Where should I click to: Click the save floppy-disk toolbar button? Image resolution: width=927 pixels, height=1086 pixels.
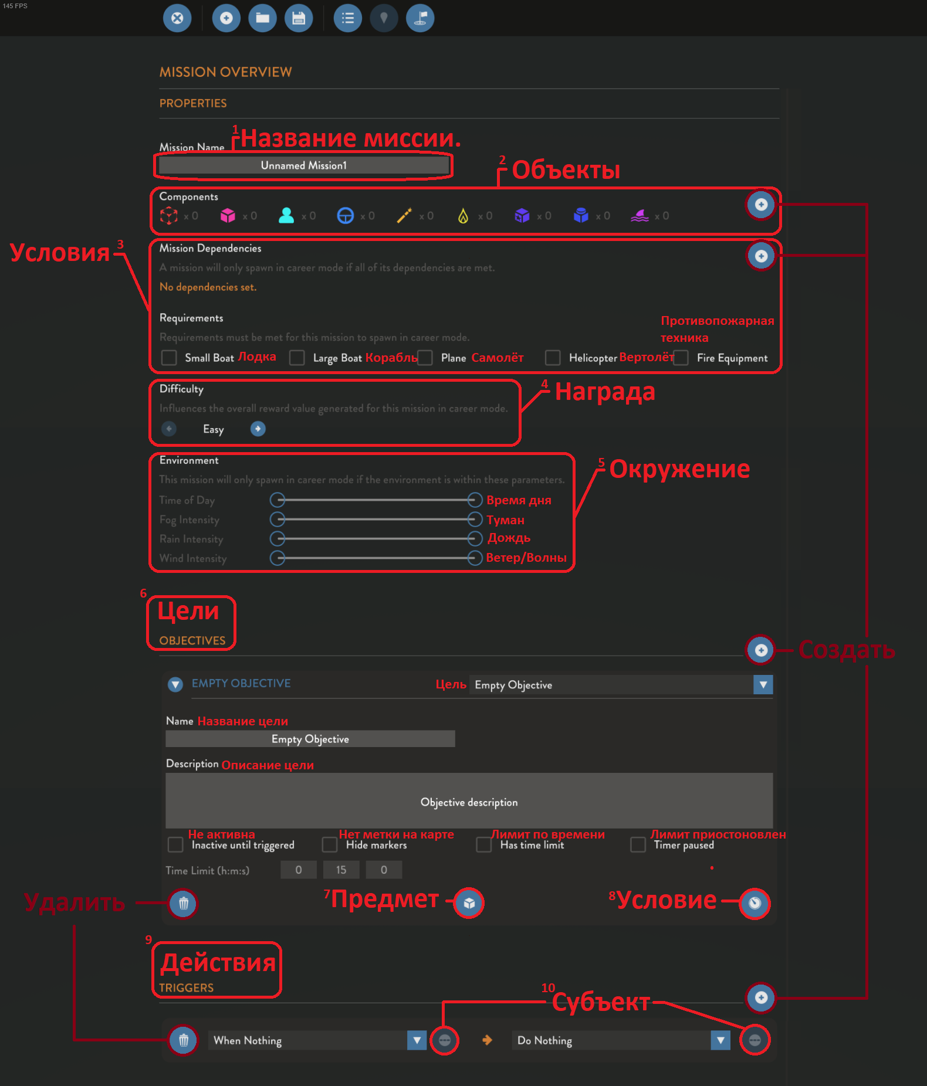[299, 18]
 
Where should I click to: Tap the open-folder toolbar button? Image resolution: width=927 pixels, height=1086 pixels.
[262, 18]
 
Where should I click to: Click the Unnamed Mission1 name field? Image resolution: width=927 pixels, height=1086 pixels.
[303, 165]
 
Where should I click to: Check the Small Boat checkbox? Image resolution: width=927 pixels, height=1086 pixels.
[169, 358]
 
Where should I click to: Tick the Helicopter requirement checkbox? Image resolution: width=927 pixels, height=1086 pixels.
[553, 358]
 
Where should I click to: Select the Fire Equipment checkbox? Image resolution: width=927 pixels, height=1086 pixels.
[681, 358]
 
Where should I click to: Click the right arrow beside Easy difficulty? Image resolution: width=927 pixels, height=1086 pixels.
[258, 429]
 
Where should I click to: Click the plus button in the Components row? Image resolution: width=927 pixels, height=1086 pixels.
[761, 205]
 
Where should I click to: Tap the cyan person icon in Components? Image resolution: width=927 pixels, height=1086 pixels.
[286, 216]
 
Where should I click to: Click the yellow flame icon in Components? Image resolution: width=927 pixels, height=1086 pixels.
[463, 216]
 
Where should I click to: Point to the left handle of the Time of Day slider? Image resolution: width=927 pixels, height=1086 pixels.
[278, 500]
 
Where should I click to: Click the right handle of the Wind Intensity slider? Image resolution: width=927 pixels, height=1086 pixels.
[475, 558]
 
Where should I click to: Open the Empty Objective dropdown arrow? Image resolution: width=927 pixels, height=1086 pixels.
[763, 684]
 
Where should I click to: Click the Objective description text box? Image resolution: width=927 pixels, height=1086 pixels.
[469, 801]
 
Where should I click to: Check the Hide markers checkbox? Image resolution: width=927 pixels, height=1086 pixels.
[330, 844]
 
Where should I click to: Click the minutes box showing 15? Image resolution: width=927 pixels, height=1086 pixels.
[341, 870]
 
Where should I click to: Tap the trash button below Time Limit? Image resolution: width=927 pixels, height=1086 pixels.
[184, 903]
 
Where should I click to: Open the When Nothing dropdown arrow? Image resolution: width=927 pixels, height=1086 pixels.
[417, 1040]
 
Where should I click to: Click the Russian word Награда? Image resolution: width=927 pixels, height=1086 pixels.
[605, 392]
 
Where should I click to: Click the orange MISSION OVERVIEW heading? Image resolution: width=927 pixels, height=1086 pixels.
[225, 72]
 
